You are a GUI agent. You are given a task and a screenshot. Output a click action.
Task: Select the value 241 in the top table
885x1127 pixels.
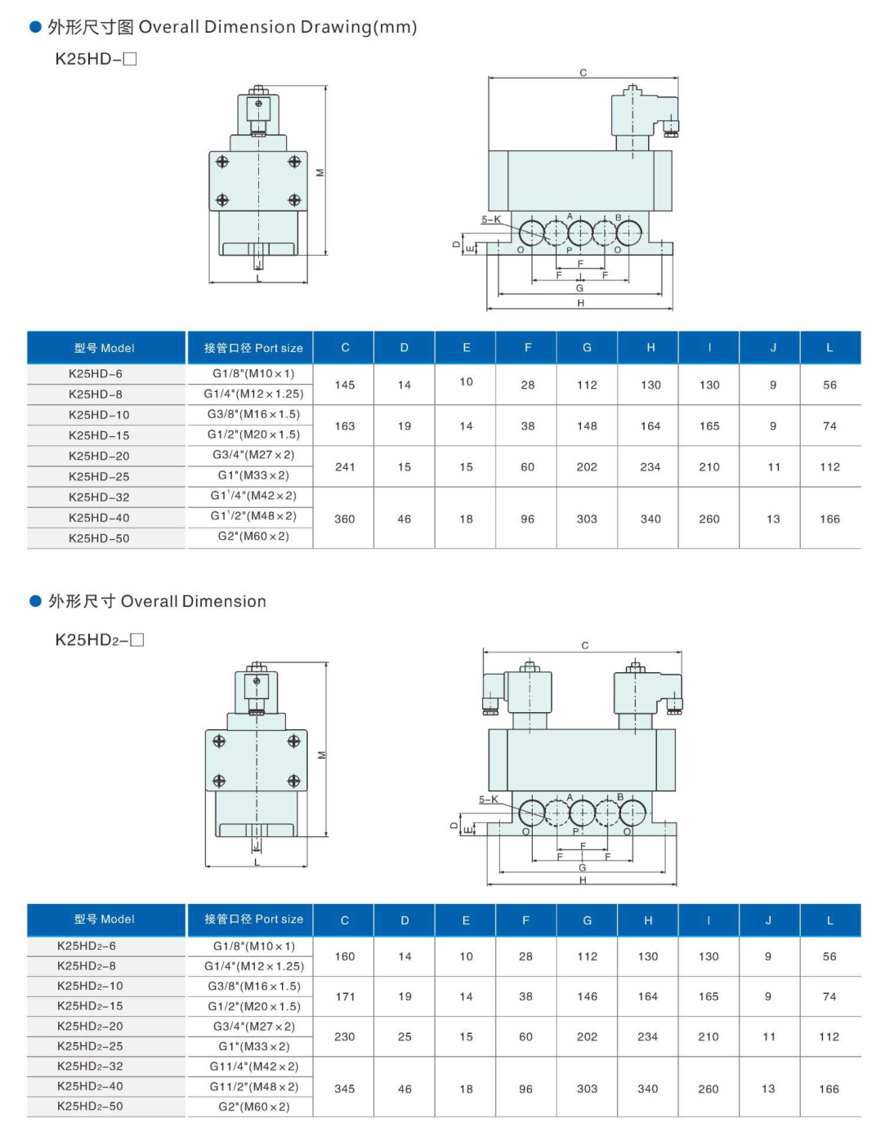345,467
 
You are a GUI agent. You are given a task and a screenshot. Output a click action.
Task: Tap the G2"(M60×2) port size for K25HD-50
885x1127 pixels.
253,537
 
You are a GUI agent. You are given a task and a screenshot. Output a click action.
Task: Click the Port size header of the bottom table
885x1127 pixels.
253,920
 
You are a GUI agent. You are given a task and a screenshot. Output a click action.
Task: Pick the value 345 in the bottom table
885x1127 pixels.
345,1089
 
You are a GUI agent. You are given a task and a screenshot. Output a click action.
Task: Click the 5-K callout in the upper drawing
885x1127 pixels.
491,220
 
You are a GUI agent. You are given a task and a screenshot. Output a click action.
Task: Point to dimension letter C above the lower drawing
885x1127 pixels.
584,645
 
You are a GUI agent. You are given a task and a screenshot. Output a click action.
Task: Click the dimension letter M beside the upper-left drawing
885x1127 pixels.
320,173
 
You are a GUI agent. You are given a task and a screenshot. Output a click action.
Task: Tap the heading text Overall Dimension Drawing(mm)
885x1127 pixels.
278,27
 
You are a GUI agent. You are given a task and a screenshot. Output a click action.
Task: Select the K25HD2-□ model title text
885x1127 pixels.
99,639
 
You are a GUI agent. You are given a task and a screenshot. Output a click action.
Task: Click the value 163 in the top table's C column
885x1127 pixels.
345,426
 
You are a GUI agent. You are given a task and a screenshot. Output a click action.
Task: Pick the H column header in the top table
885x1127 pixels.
650,348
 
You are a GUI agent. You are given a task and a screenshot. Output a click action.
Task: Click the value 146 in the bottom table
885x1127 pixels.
587,996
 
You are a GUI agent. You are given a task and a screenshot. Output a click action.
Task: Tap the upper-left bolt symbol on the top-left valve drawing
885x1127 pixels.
222,162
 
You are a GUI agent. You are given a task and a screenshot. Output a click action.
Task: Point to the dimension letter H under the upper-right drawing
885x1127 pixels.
581,303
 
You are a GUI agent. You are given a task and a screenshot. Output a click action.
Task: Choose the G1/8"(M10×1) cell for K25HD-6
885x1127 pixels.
253,373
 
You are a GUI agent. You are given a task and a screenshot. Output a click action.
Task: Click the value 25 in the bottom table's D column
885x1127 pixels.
405,1036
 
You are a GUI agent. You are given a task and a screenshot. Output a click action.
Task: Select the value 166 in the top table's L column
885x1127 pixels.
829,519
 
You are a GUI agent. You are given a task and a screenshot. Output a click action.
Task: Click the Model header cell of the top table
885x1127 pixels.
105,348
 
